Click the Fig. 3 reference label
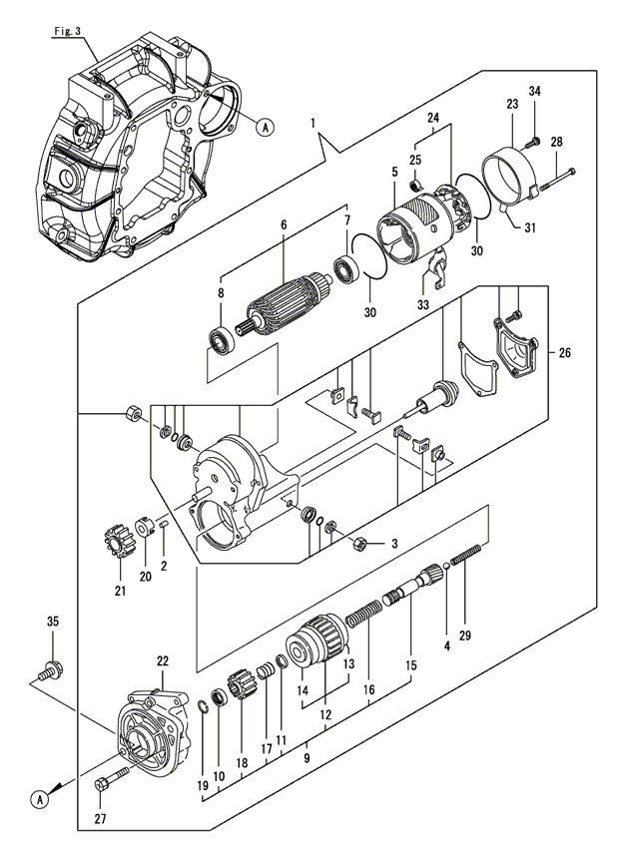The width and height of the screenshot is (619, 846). pos(67,31)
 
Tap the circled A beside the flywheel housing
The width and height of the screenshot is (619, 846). pos(265,127)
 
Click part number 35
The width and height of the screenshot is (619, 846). pos(53,622)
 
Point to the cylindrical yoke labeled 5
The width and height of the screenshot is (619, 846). pos(406,232)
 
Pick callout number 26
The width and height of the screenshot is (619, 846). pos(565,352)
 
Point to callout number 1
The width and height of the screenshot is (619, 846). pos(311,123)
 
